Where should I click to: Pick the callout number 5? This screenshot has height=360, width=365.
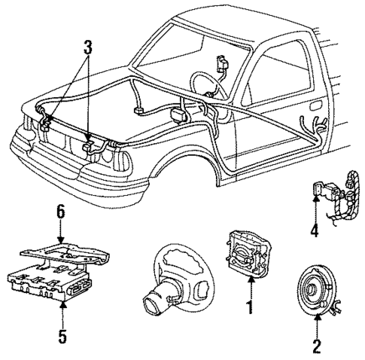(x=62, y=334)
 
